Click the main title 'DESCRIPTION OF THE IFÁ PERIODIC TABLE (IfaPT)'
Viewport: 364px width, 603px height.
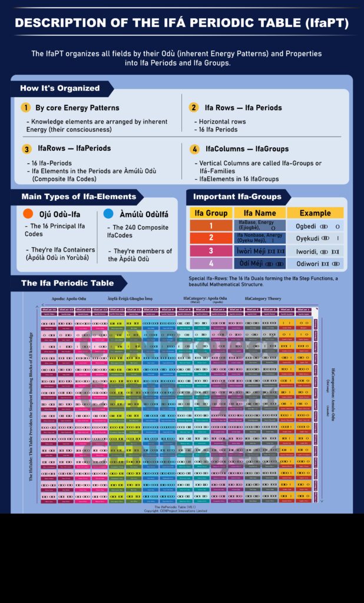tap(181, 24)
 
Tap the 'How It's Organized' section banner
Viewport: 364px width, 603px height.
tap(59, 88)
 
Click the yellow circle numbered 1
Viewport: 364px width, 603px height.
tap(25, 108)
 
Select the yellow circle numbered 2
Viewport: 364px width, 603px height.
tap(193, 108)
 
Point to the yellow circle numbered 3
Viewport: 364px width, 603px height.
tap(27, 149)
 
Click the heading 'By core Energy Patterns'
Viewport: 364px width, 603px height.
tap(77, 108)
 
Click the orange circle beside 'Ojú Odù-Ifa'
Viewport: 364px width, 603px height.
tap(27, 214)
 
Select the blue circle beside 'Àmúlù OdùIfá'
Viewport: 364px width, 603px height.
tap(108, 214)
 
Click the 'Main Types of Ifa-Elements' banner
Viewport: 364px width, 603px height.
tap(78, 197)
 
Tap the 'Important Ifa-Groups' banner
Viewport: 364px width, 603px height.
tap(237, 197)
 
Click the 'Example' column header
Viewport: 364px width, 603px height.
tap(315, 213)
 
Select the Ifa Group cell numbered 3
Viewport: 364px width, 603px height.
tap(211, 251)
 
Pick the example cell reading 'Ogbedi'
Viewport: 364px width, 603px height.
tap(315, 226)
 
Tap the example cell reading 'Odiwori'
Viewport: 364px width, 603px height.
tap(315, 263)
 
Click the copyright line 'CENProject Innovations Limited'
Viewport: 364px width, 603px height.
tap(175, 511)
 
